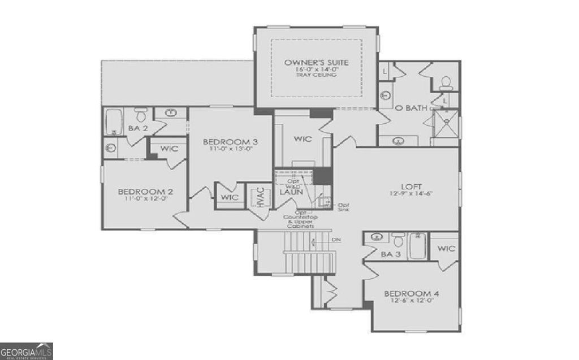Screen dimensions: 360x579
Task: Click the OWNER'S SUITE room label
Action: pos(316,62)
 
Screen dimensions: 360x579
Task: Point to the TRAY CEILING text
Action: pos(316,75)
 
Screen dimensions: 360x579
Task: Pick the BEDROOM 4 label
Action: pos(412,293)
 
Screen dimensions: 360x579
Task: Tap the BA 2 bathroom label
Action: pos(137,128)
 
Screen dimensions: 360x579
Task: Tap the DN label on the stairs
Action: pos(336,240)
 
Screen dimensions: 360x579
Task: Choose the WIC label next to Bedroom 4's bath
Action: pos(446,248)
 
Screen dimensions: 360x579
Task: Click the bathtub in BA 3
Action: pos(418,246)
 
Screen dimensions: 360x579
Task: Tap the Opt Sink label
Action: pos(344,206)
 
